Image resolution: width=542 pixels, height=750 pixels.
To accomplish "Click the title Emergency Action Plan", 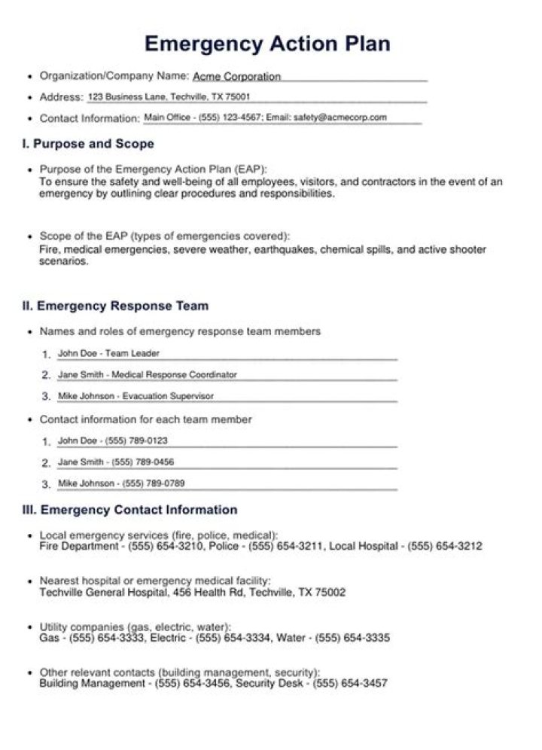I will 267,43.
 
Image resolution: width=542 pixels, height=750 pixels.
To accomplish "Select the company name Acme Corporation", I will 236,77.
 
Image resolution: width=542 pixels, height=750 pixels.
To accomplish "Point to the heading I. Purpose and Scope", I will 88,144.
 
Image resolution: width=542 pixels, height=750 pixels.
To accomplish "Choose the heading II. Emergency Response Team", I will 115,306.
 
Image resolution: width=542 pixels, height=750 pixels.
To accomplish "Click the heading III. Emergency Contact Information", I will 129,511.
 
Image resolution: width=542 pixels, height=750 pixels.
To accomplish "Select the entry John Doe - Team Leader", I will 108,353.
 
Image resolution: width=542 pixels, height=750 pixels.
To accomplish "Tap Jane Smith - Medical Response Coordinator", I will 147,374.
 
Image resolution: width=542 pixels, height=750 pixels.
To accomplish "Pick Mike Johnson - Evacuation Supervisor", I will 135,396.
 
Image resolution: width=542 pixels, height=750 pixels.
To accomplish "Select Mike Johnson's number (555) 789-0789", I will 154,483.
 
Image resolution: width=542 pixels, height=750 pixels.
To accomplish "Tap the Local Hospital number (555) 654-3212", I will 445,547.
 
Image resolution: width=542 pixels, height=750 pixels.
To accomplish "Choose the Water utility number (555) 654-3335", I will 352,639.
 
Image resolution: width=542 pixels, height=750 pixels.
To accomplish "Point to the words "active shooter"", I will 452,250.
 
